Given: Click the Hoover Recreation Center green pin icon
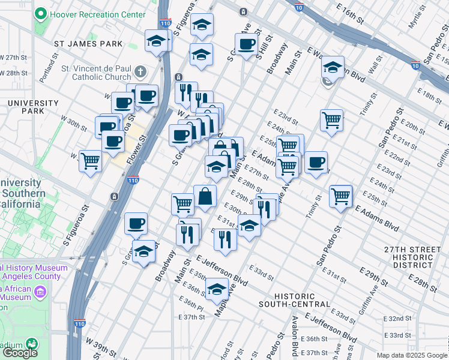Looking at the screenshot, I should pyautogui.click(x=41, y=14).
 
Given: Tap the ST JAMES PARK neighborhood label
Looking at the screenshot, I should pyautogui.click(x=88, y=44).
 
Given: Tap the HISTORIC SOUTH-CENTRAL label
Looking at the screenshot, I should pyautogui.click(x=302, y=300).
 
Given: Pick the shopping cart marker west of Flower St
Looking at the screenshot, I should pyautogui.click(x=90, y=160).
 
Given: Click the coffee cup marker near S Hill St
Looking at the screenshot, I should pyautogui.click(x=246, y=44).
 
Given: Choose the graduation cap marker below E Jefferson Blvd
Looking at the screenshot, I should pyautogui.click(x=217, y=289).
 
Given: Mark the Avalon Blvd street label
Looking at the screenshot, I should pyautogui.click(x=295, y=344).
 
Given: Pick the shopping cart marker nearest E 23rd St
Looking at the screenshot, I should pyautogui.click(x=331, y=120).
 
